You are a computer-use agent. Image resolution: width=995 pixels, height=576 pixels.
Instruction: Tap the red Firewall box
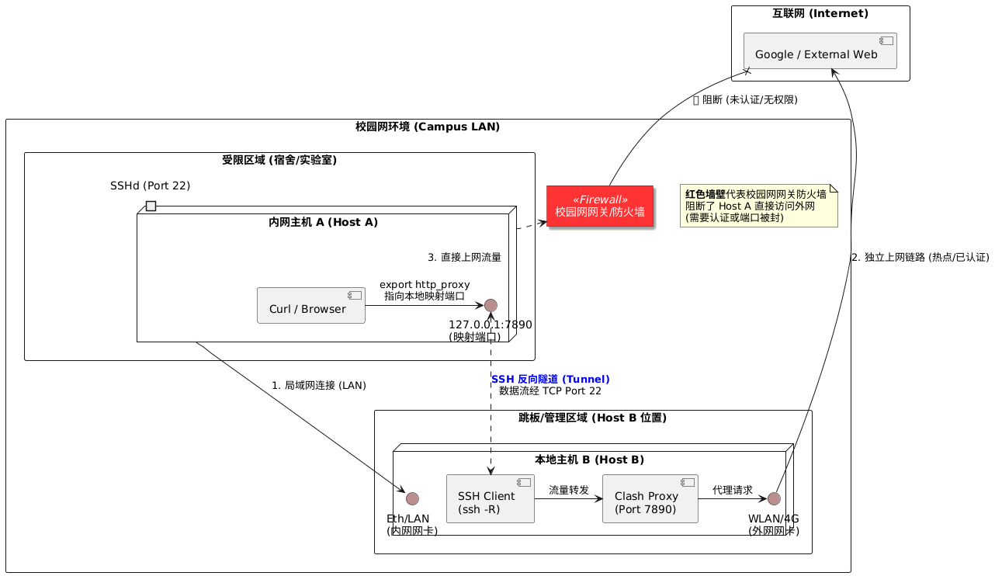pyautogui.click(x=599, y=206)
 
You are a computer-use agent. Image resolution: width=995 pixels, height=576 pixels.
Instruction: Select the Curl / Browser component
pyautogui.click(x=310, y=306)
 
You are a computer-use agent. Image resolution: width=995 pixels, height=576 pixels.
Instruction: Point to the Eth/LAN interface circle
pyautogui.click(x=412, y=498)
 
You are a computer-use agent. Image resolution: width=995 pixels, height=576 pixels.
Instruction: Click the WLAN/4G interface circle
pyautogui.click(x=774, y=498)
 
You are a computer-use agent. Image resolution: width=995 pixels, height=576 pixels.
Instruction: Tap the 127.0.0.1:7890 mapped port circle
pyautogui.click(x=491, y=305)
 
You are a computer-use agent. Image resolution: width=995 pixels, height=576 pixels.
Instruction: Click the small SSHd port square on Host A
pyautogui.click(x=151, y=206)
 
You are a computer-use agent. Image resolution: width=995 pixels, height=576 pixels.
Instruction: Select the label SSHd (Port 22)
pyautogui.click(x=150, y=186)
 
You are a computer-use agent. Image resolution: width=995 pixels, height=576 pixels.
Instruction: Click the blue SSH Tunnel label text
pyautogui.click(x=550, y=379)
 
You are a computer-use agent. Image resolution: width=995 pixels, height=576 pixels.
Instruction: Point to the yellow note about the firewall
pyautogui.click(x=758, y=206)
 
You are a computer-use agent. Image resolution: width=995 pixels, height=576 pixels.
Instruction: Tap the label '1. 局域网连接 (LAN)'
pyautogui.click(x=319, y=385)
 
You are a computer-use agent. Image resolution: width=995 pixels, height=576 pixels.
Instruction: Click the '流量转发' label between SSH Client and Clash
pyautogui.click(x=568, y=490)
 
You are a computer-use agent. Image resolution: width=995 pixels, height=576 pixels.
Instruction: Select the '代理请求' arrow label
pyautogui.click(x=732, y=490)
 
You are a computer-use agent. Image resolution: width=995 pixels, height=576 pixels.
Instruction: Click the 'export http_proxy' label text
pyautogui.click(x=425, y=285)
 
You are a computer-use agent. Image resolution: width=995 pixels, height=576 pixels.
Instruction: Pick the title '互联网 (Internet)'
pyautogui.click(x=820, y=13)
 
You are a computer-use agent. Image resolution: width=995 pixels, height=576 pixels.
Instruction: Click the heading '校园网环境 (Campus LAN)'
pyautogui.click(x=428, y=127)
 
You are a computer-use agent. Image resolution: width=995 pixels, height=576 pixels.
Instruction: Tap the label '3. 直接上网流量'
pyautogui.click(x=464, y=257)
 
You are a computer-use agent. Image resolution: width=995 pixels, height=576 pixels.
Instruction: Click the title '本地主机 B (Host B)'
pyautogui.click(x=589, y=460)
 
